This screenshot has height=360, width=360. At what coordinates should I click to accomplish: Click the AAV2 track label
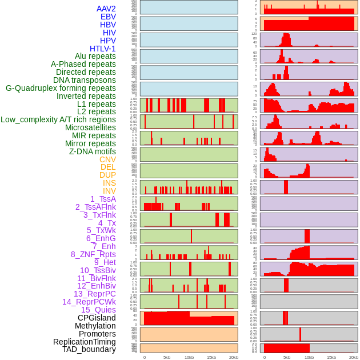pyautogui.click(x=106, y=9)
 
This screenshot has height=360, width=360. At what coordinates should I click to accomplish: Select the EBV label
pyautogui.click(x=108, y=17)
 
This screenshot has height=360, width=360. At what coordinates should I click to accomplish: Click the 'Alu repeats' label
pyautogui.click(x=95, y=56)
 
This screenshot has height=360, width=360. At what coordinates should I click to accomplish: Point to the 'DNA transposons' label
pyautogui.click(x=84, y=80)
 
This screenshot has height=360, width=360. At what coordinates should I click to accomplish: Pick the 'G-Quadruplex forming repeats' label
pyautogui.click(x=61, y=88)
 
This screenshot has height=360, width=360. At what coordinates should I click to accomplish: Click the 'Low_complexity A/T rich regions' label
pyautogui.click(x=58, y=119)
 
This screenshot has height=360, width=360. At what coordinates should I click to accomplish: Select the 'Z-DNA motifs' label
pyautogui.click(x=92, y=151)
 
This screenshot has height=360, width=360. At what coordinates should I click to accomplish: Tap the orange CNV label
pyautogui.click(x=107, y=159)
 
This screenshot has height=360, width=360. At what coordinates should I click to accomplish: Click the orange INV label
pyautogui.click(x=109, y=191)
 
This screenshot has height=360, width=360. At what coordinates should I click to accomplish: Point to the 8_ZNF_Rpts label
pyautogui.click(x=93, y=254)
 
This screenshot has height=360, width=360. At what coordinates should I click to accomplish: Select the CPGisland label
pyautogui.click(x=97, y=318)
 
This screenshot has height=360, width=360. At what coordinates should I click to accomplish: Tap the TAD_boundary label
pyautogui.click(x=89, y=349)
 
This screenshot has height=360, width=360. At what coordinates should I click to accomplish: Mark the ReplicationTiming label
pyautogui.click(x=84, y=342)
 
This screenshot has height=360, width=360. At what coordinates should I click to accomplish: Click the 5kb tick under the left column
pyautogui.click(x=167, y=357)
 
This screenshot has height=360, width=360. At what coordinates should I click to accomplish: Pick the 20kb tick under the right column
pyautogui.click(x=354, y=357)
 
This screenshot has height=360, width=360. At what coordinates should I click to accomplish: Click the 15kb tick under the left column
pyautogui.click(x=211, y=357)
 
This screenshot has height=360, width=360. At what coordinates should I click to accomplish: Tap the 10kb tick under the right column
pyautogui.click(x=309, y=357)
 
